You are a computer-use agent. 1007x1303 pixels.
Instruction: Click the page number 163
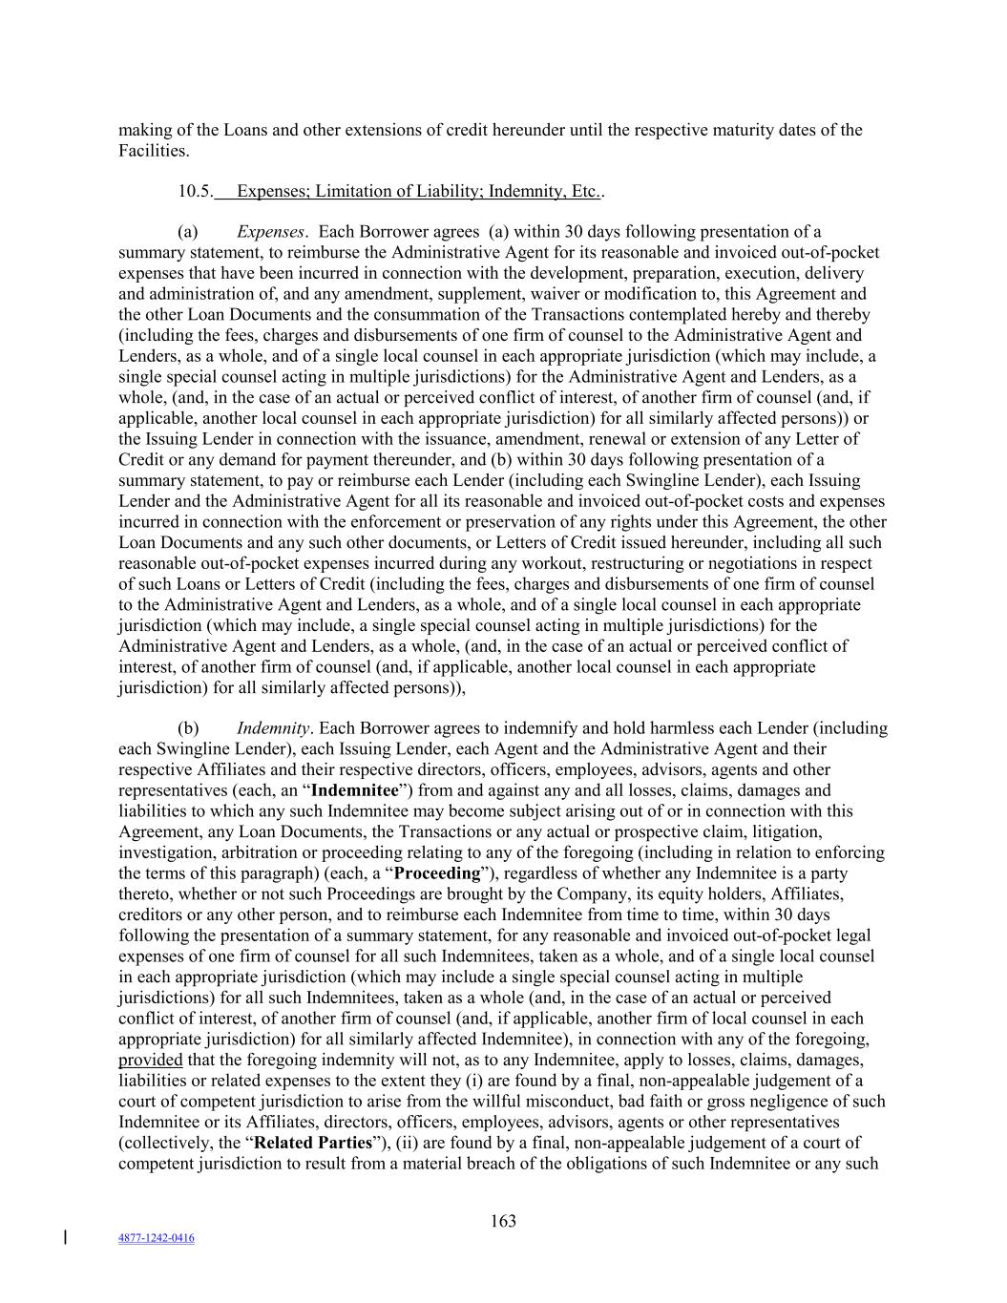503,1221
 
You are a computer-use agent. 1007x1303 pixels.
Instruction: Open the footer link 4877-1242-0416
156,1238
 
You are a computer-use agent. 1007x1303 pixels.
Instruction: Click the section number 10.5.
195,191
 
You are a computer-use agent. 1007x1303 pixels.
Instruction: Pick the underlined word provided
150,1060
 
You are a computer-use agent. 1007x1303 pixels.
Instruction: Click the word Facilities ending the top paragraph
152,151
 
